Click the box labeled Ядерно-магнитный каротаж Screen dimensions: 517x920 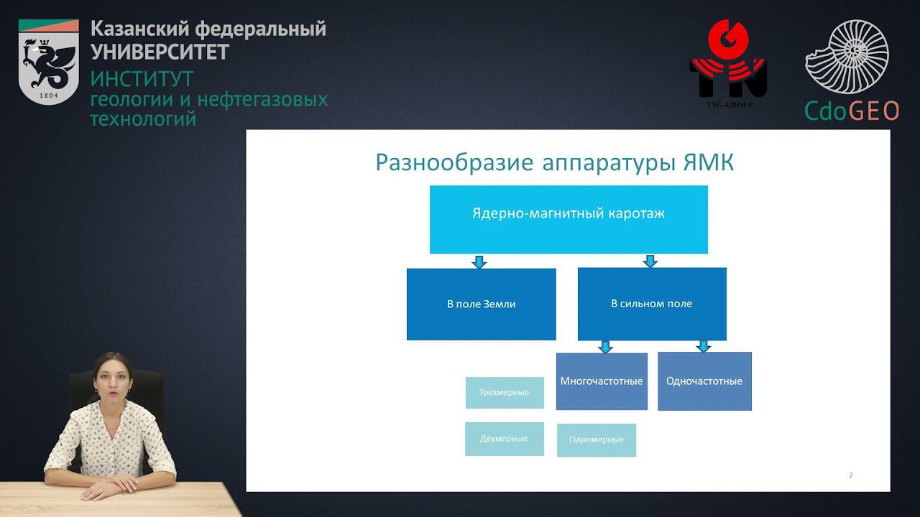568,219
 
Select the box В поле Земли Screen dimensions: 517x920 481,304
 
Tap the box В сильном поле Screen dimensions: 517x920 651,304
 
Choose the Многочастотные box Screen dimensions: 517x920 602,381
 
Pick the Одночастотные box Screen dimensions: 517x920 704,381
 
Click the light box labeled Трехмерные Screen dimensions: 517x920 504,393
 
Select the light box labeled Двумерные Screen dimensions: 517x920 504,439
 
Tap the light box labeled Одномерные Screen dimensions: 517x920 596,439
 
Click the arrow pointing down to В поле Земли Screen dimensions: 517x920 479,261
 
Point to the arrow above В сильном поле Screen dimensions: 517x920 650,261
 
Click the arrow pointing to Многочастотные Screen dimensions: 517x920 606,346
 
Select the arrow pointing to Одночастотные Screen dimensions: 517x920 704,346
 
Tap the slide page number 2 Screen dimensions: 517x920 851,475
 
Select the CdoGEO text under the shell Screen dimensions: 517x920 852,111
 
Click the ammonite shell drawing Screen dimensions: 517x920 848,57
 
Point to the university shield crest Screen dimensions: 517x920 48,62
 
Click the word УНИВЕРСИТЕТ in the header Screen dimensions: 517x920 160,52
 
